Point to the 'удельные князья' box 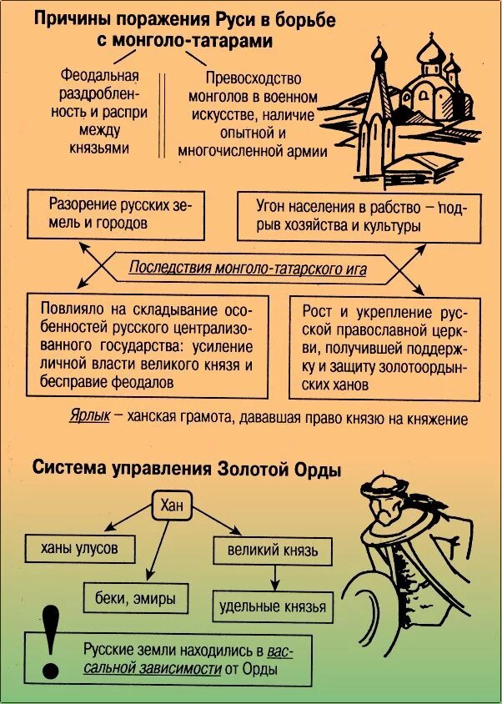coord(273,606)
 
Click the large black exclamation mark coord(53,641)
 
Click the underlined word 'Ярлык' coord(89,417)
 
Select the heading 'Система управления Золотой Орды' coord(187,468)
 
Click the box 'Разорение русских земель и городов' coord(115,214)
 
